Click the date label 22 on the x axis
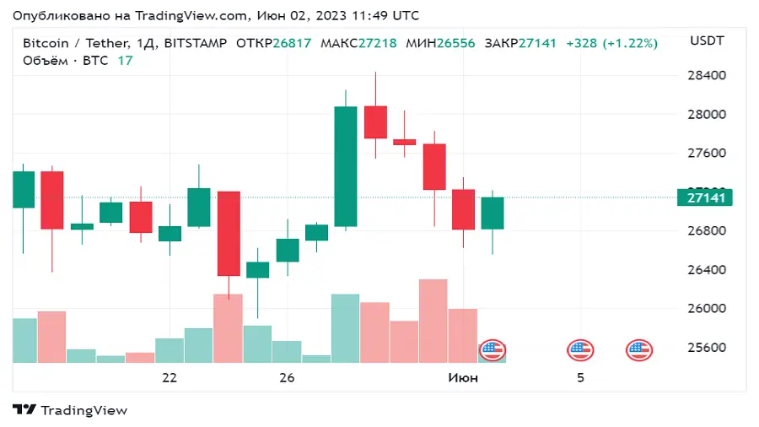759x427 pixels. pos(170,377)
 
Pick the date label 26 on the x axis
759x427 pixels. pos(287,377)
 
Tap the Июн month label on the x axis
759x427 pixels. pos(462,377)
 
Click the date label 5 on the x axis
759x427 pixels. pos(580,377)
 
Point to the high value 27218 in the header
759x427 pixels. pos(377,43)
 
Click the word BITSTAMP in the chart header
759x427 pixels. pos(195,43)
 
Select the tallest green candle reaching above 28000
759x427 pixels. pos(346,166)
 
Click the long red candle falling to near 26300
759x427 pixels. pos(229,233)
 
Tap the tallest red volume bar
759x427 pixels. pos(433,321)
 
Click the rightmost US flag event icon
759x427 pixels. pos(638,350)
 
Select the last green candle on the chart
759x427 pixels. pos(493,213)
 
